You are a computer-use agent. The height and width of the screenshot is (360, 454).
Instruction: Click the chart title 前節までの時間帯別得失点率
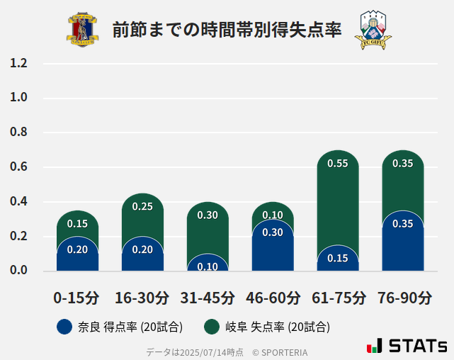click(x=227, y=30)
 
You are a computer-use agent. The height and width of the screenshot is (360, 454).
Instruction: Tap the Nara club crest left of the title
click(x=83, y=30)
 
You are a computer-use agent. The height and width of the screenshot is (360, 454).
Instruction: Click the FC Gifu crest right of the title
click(x=373, y=30)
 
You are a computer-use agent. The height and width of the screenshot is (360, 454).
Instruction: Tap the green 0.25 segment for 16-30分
click(x=142, y=213)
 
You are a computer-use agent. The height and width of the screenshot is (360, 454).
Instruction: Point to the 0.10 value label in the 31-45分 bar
click(x=208, y=266)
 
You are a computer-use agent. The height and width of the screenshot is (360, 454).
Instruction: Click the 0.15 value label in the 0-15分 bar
click(x=77, y=224)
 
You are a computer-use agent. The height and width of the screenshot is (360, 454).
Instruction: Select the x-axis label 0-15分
click(x=76, y=298)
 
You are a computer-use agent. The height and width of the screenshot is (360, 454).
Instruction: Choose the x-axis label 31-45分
click(x=207, y=298)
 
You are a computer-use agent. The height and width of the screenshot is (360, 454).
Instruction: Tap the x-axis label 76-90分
click(x=404, y=298)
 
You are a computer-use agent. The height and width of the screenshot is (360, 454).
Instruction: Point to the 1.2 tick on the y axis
click(x=18, y=64)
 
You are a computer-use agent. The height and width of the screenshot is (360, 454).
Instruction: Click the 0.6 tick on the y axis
click(x=18, y=167)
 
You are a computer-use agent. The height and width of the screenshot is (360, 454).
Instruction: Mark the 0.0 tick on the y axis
click(x=18, y=271)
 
